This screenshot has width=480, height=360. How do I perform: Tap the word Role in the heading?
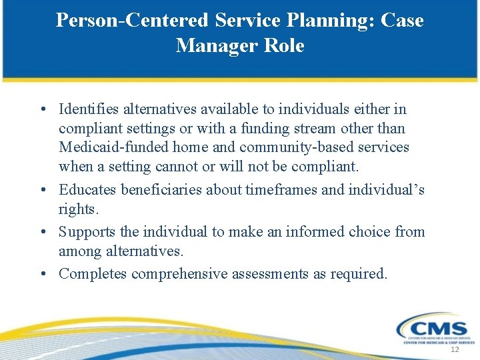[x=283, y=45]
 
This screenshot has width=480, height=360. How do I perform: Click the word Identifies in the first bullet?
[x=90, y=109]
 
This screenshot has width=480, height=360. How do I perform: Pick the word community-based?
[x=295, y=147]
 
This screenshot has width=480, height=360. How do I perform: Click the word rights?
[x=78, y=209]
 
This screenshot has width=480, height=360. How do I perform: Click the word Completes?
[x=92, y=273]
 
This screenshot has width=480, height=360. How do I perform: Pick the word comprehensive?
[x=179, y=273]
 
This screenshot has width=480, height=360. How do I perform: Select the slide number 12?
[x=455, y=350]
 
